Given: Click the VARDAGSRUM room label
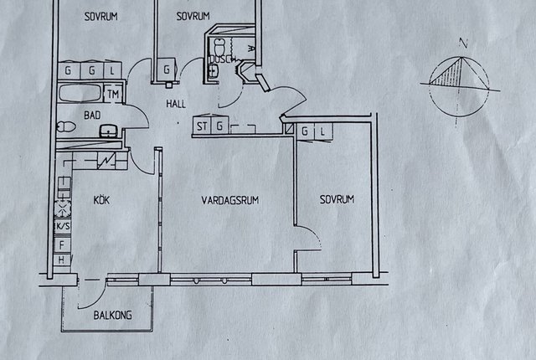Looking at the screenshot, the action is [x=230, y=200].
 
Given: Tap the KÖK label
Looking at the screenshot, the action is [x=101, y=199].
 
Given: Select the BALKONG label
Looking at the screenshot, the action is [x=113, y=315].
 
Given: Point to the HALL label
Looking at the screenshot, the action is [x=176, y=104].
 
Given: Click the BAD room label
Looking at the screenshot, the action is [x=92, y=115].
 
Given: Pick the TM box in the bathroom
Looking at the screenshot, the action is [x=113, y=94].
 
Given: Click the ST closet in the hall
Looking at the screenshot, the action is [x=202, y=126].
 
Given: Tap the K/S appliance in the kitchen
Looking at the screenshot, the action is [x=63, y=226].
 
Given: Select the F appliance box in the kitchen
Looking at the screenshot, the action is [x=62, y=245].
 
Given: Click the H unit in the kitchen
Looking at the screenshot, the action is [x=61, y=260].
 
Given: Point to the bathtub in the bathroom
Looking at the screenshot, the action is [x=80, y=93].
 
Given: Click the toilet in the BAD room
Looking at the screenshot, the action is [x=66, y=127].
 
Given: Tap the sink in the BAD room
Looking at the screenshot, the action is [x=109, y=131].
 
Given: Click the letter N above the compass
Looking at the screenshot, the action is [x=463, y=43].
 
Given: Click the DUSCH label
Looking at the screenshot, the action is [x=220, y=59].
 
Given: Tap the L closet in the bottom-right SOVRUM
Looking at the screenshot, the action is [x=322, y=131].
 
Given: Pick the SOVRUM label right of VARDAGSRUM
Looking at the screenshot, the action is [x=337, y=199].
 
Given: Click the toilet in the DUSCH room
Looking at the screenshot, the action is [x=219, y=45].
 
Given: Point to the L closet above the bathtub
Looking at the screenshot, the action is [x=112, y=70].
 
